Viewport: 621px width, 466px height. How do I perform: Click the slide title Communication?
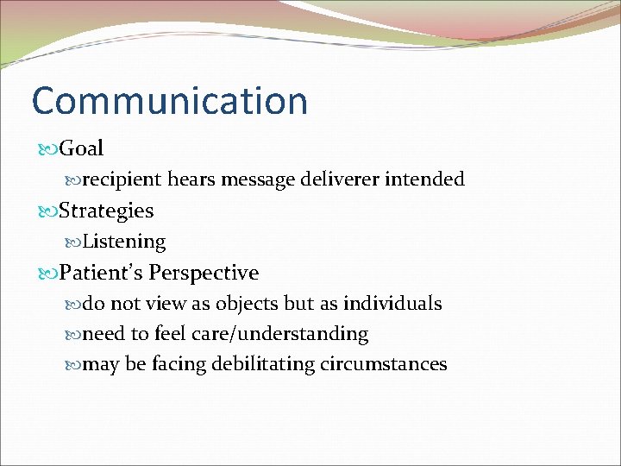(169, 101)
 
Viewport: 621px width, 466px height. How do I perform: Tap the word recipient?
(122, 179)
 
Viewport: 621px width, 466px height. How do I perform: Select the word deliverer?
(337, 179)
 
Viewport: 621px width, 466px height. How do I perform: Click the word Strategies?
(106, 211)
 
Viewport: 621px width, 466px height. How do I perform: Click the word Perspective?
(204, 274)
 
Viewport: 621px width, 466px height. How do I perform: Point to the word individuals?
(392, 304)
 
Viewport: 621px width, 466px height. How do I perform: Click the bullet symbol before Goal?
(47, 149)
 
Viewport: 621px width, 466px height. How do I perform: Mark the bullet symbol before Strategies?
(47, 211)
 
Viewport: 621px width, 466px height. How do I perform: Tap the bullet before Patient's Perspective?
(47, 274)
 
